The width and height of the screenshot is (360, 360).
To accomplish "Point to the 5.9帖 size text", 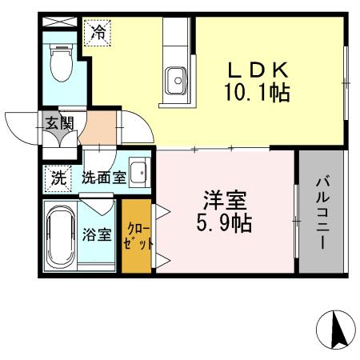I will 225,222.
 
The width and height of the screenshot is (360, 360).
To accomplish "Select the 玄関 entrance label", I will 59,124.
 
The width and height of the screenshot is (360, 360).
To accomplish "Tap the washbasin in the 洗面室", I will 139,172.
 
